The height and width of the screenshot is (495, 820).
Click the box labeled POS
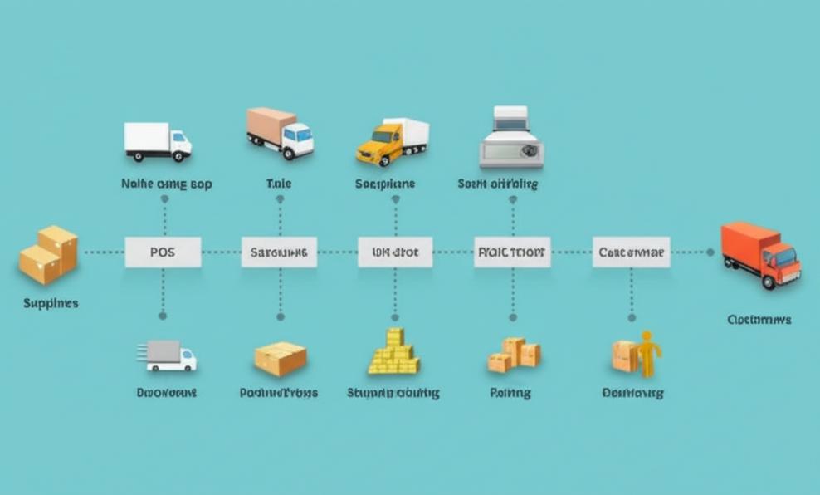(x=163, y=252)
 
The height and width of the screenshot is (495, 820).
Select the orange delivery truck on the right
(x=759, y=254)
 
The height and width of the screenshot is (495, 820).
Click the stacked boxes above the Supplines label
(x=49, y=254)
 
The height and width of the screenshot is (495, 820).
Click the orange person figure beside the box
(x=647, y=353)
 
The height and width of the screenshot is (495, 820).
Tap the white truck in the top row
(x=158, y=141)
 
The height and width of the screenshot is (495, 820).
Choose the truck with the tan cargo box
(x=280, y=133)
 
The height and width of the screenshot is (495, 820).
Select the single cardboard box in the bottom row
(x=281, y=359)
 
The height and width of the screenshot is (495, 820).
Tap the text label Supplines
(x=51, y=303)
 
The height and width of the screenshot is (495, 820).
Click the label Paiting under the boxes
(x=510, y=393)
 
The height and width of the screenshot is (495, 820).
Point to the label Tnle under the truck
(x=279, y=184)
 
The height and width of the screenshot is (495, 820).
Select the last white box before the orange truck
(x=631, y=252)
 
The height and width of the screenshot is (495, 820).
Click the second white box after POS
(x=395, y=252)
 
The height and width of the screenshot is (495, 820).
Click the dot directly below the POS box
(x=163, y=316)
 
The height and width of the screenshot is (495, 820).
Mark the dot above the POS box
(x=164, y=199)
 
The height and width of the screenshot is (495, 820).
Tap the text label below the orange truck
(x=759, y=319)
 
